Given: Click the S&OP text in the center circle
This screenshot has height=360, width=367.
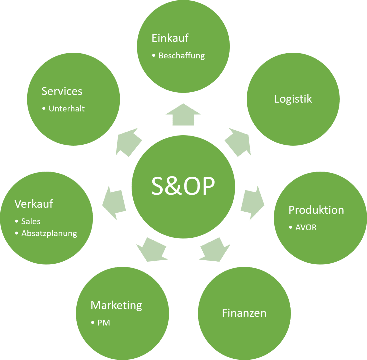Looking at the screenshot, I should pyautogui.click(x=183, y=186).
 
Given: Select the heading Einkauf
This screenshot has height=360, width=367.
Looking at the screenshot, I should pyautogui.click(x=170, y=38).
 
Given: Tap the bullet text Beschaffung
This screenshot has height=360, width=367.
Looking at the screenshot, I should pyautogui.click(x=181, y=56).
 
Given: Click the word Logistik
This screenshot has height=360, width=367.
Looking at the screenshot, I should pyautogui.click(x=293, y=99).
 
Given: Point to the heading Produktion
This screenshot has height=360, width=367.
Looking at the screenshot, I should pyautogui.click(x=316, y=210).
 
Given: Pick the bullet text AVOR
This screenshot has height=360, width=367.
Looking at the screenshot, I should pyautogui.click(x=305, y=228).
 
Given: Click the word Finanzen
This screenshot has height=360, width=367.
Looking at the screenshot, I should pyautogui.click(x=244, y=313).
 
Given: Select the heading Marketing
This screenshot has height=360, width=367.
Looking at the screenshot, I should pyautogui.click(x=116, y=305).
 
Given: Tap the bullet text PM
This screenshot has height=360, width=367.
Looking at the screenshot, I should pyautogui.click(x=104, y=323).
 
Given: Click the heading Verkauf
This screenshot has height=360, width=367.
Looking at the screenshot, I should pyautogui.click(x=34, y=204).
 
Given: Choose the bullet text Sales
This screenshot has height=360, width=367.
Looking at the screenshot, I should pyautogui.click(x=31, y=221).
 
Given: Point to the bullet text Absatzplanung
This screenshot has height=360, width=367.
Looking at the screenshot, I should pyautogui.click(x=49, y=233).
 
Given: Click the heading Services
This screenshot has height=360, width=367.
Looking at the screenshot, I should pyautogui.click(x=62, y=91).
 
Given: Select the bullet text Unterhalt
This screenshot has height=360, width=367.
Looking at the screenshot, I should pyautogui.click(x=67, y=109).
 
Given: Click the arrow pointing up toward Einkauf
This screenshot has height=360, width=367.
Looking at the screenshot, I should pyautogui.click(x=183, y=115).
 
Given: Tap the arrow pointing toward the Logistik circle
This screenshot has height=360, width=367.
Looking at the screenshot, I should pyautogui.click(x=239, y=141).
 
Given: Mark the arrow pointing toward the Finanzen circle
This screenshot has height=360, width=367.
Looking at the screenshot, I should pyautogui.click(x=214, y=250).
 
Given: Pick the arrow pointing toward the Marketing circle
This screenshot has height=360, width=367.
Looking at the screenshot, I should pyautogui.click(x=152, y=250).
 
